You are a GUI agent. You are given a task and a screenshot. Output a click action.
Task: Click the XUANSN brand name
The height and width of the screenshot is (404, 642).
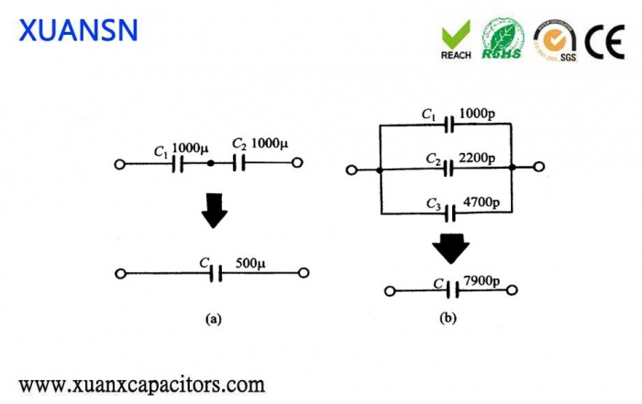[78, 29]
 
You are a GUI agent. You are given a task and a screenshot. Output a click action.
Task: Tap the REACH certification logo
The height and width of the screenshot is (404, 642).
[456, 38]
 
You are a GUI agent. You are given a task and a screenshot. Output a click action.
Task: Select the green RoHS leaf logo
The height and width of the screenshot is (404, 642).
[504, 38]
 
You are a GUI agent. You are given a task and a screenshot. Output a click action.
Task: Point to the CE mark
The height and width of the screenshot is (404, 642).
[605, 39]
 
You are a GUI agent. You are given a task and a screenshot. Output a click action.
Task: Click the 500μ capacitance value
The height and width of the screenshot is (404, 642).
[249, 263]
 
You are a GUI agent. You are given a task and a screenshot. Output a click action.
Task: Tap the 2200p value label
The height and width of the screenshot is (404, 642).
[477, 158]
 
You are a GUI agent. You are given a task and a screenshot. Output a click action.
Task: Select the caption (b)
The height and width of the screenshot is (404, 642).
[448, 317]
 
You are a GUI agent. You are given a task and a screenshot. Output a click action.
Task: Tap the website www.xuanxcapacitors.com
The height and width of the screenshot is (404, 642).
[142, 383]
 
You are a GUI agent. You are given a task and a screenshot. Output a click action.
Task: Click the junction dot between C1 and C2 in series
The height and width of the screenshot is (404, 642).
[211, 164]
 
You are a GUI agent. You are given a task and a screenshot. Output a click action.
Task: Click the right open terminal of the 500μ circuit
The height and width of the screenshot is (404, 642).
[304, 273]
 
